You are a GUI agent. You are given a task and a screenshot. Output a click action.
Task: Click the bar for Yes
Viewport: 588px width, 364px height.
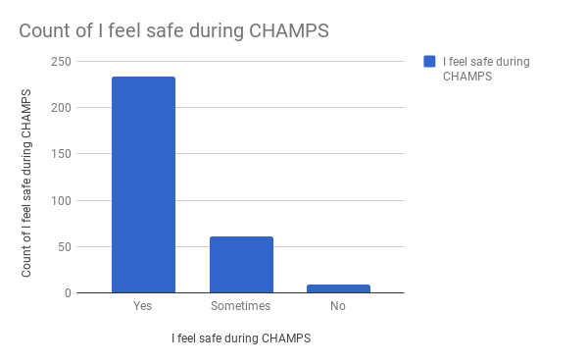tap(143, 184)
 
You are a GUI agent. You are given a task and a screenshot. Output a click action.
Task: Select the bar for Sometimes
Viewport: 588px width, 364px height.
tap(241, 264)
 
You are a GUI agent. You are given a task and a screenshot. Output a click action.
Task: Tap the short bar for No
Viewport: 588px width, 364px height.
tap(338, 288)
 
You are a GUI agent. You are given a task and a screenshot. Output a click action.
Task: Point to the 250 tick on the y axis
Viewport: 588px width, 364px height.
tap(63, 61)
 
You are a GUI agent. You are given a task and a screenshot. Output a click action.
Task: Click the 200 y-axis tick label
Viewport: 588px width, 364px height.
tap(63, 108)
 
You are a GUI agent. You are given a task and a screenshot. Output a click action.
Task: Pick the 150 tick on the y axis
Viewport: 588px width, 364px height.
tap(63, 154)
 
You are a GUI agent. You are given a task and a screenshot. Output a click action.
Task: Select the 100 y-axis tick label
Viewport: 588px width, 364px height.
tap(63, 200)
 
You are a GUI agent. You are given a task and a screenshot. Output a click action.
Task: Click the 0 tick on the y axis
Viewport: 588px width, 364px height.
tap(69, 292)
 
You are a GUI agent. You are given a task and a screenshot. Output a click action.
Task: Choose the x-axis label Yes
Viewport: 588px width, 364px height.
tap(143, 307)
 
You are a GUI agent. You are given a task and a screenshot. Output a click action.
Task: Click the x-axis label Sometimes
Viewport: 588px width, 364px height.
tap(241, 307)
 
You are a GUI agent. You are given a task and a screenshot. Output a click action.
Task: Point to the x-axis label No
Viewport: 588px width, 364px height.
tap(338, 307)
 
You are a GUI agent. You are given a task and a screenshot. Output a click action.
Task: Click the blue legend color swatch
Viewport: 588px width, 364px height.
tap(429, 62)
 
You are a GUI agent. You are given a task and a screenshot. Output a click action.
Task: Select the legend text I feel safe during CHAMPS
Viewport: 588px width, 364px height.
tap(486, 69)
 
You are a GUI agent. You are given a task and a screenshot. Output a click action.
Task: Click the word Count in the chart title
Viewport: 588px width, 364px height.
tap(45, 31)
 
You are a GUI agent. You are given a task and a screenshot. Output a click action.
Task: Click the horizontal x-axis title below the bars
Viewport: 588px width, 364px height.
tap(241, 338)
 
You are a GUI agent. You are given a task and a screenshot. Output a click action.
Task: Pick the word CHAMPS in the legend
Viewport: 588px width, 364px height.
tap(466, 77)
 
